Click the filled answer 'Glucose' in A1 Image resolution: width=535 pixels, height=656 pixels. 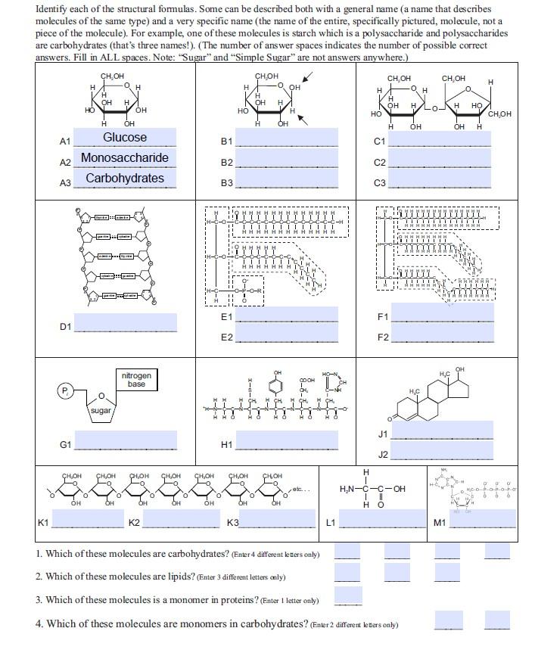click(x=125, y=138)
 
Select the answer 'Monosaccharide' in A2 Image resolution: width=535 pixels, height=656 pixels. click(x=125, y=158)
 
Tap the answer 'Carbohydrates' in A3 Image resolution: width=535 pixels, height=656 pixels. click(x=125, y=179)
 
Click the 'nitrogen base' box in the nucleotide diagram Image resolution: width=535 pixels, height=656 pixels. click(x=136, y=380)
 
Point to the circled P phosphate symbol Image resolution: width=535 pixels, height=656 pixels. click(x=65, y=390)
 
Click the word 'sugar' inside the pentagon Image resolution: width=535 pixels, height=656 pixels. click(x=101, y=411)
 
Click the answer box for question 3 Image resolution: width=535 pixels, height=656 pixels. click(x=348, y=596)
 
